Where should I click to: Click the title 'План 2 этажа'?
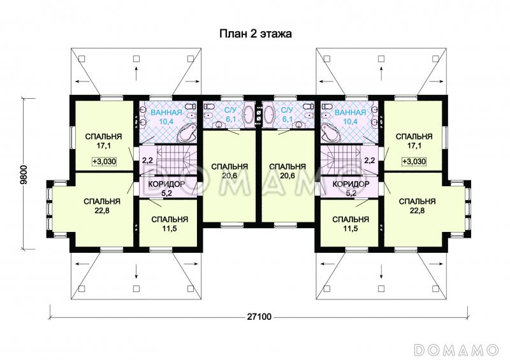(256, 34)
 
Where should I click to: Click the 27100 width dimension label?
(259, 317)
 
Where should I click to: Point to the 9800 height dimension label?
(24, 175)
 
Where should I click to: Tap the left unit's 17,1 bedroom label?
(103, 141)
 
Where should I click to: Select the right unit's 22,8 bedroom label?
(418, 206)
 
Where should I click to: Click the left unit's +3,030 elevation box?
(104, 161)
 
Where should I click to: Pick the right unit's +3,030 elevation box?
(414, 161)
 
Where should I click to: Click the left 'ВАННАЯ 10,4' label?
(166, 117)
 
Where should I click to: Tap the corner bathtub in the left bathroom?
(187, 133)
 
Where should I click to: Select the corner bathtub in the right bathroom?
(331, 133)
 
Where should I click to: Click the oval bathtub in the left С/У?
(249, 114)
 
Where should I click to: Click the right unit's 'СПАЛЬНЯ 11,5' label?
(351, 224)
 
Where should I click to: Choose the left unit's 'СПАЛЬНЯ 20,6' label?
(229, 171)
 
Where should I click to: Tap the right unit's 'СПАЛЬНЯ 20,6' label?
(288, 171)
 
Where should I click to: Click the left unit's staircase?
(175, 160)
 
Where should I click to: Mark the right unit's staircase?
(342, 160)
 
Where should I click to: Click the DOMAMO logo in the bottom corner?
(456, 350)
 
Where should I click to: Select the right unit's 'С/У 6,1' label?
(288, 115)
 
